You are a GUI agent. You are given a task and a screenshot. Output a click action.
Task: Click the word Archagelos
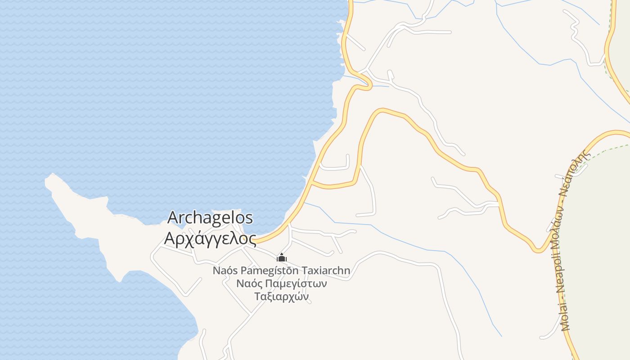coord(210,218)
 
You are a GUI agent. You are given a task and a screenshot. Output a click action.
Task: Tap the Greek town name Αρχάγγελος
coord(210,238)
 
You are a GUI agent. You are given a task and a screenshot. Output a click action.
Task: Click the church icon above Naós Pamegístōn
coord(282,258)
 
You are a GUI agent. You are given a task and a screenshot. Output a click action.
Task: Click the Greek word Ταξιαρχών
coord(282,297)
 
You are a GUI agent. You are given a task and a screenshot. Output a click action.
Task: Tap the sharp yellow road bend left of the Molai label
coord(538,249)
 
